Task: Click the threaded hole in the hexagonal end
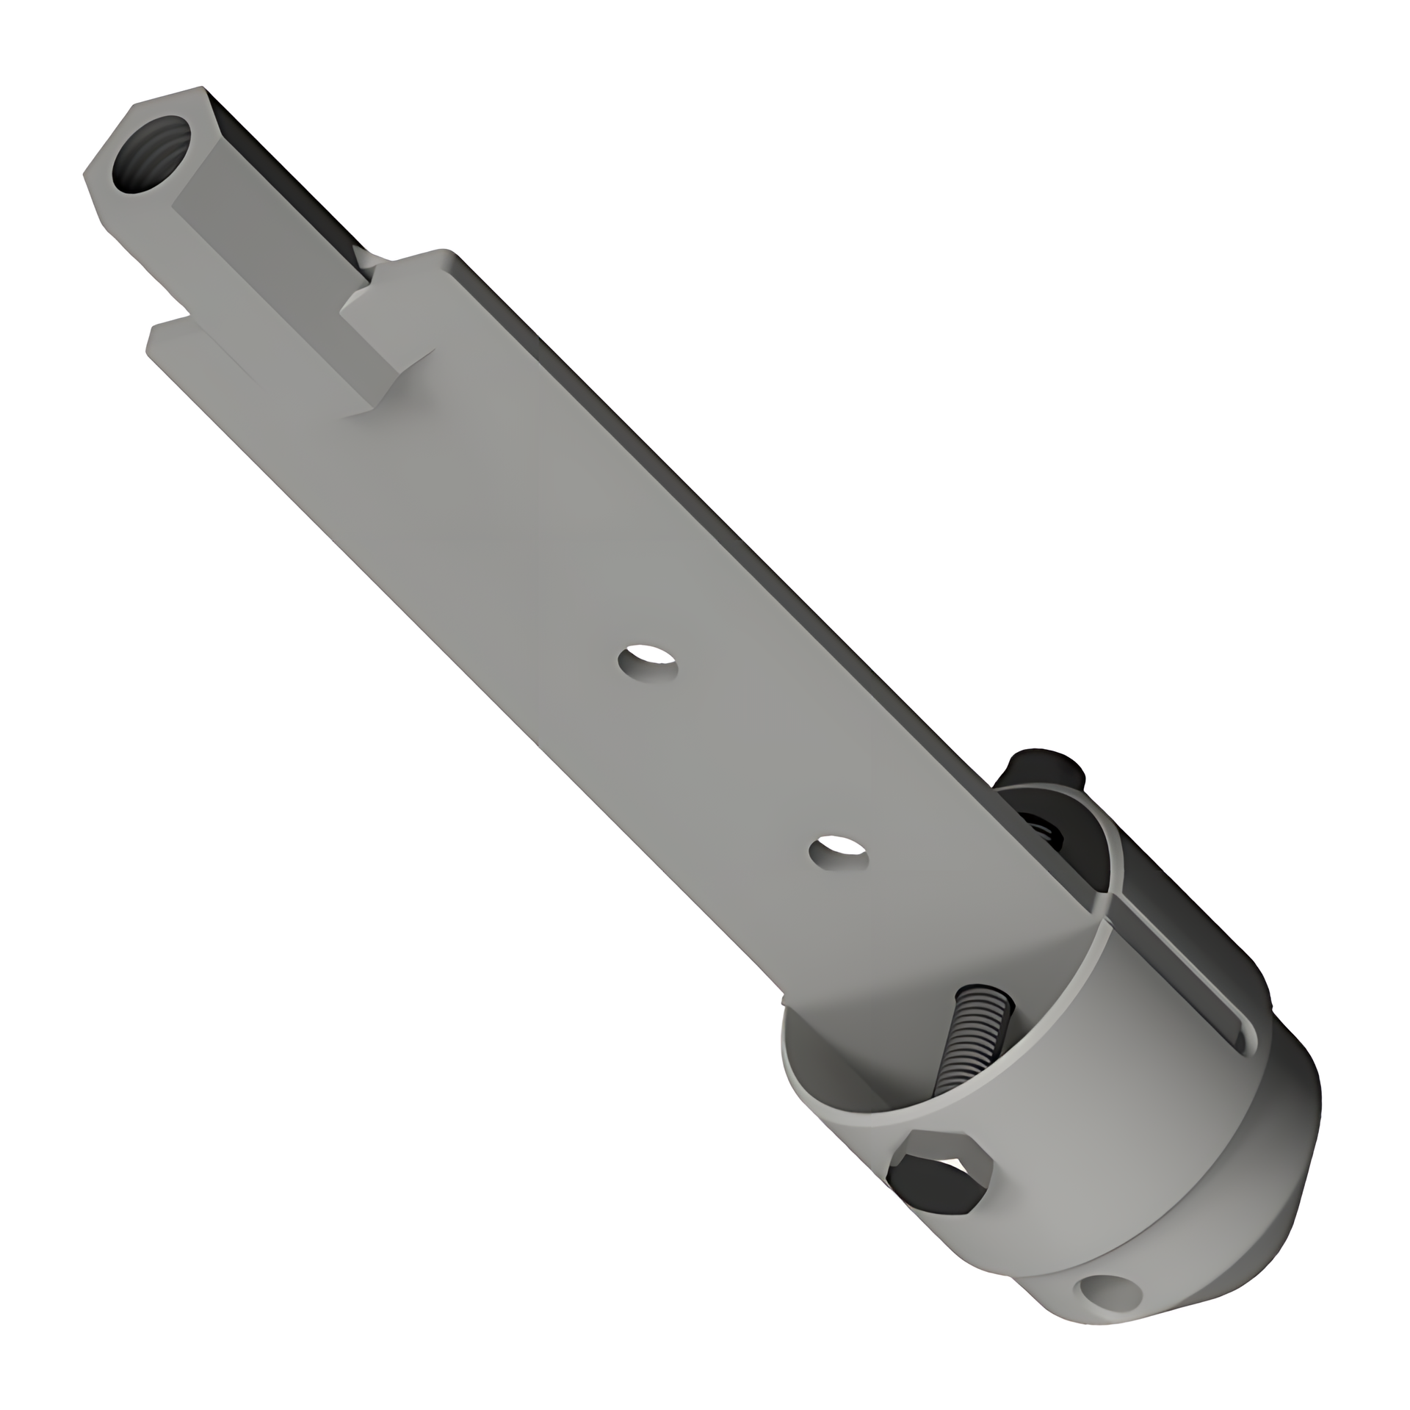click(x=151, y=155)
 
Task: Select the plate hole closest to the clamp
click(x=838, y=853)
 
